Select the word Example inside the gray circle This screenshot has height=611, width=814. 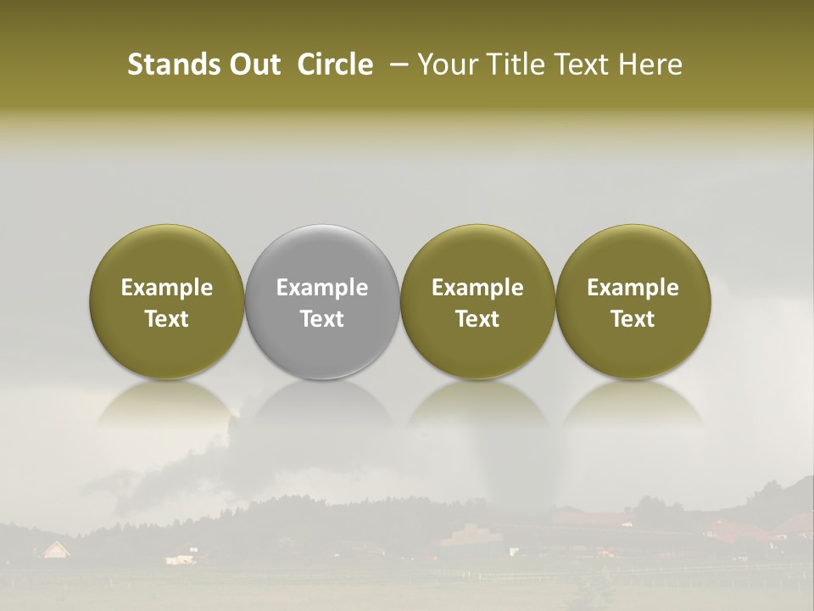(x=322, y=288)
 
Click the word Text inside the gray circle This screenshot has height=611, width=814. (x=322, y=319)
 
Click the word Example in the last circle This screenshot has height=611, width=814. (x=633, y=288)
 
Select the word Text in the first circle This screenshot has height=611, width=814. (x=167, y=319)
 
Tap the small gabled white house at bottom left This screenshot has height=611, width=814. (x=57, y=550)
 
